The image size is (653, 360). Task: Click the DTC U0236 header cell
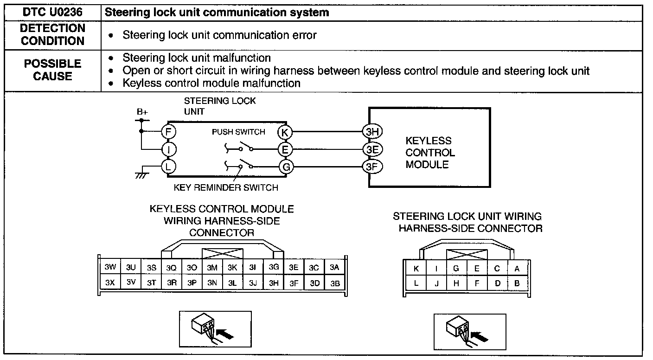(52, 13)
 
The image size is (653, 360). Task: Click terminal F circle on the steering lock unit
(168, 132)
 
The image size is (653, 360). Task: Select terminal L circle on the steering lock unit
(168, 167)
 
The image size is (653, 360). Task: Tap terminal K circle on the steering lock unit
(285, 132)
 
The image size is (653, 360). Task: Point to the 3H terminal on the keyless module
(372, 132)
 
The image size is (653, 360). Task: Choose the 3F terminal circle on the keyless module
(372, 167)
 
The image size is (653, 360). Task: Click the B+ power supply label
(142, 112)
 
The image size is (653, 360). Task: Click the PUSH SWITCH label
(238, 132)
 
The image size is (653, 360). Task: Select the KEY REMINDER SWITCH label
(226, 187)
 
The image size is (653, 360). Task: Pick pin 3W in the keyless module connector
(110, 267)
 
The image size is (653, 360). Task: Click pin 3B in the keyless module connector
(335, 283)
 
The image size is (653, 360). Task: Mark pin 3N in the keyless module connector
(212, 283)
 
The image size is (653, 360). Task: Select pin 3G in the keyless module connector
(274, 267)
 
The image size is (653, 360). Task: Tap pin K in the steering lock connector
(416, 268)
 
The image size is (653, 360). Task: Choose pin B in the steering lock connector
(518, 283)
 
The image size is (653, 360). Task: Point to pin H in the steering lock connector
(456, 283)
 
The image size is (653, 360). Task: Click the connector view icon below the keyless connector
(215, 329)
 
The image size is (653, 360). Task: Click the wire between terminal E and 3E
(328, 149)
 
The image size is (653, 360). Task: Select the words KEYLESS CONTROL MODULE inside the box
(430, 153)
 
